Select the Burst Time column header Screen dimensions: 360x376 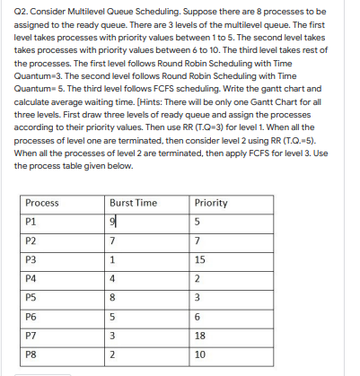133,203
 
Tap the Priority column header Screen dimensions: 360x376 211,203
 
